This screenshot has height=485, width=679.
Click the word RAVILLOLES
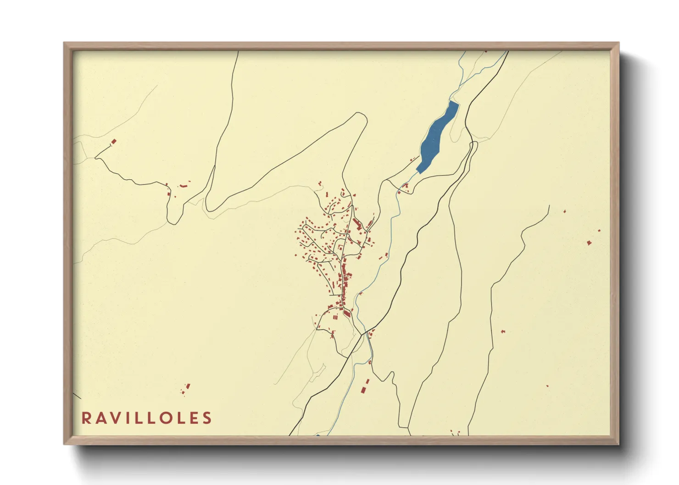pyautogui.click(x=146, y=418)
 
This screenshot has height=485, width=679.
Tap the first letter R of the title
pyautogui.click(x=86, y=418)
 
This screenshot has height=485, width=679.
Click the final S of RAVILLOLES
pyautogui.click(x=207, y=418)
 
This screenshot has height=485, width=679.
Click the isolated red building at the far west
pyautogui.click(x=114, y=142)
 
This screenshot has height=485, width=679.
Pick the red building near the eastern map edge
pyautogui.click(x=589, y=242)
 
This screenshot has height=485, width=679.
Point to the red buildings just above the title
pyautogui.click(x=186, y=389)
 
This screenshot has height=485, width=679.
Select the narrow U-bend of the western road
pyautogui.click(x=173, y=221)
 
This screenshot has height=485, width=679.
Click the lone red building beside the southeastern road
pyautogui.click(x=503, y=331)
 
